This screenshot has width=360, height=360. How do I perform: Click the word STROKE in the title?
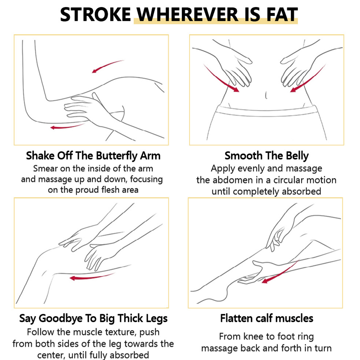95,15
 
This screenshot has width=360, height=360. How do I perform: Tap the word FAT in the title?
282,15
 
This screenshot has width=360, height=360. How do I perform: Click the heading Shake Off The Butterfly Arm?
93,156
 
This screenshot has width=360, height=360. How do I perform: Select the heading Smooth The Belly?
267,156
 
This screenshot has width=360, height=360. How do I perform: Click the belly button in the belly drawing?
266,95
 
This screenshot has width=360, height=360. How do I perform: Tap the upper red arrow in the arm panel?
108,66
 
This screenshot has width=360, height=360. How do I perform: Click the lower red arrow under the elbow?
68,127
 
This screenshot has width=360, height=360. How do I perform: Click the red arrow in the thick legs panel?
92,277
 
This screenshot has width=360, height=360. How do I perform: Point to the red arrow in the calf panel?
280,272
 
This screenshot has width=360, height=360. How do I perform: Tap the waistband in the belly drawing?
267,112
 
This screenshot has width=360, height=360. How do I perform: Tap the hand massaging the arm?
88,110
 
